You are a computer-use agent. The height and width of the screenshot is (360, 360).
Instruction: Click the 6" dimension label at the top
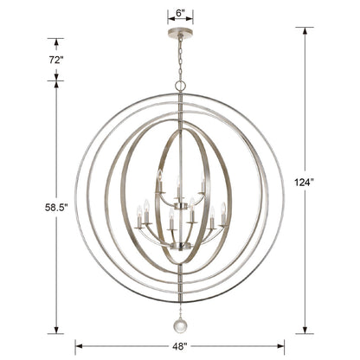point(179,14)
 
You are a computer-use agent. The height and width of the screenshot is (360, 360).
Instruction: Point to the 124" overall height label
point(305,183)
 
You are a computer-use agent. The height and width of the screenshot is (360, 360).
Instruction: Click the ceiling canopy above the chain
point(179,34)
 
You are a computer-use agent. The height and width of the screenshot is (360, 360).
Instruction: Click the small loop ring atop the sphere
point(180,86)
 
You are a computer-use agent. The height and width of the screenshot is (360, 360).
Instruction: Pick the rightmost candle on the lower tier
point(224,210)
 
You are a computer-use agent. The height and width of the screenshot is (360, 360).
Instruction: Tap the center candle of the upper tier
point(179,183)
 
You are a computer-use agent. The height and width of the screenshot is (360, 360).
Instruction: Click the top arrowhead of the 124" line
point(305,30)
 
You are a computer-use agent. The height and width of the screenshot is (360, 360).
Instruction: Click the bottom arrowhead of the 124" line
point(305,331)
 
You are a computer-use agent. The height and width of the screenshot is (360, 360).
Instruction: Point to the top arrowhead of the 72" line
point(57,40)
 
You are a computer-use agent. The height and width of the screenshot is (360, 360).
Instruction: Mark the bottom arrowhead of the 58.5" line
point(57,331)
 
